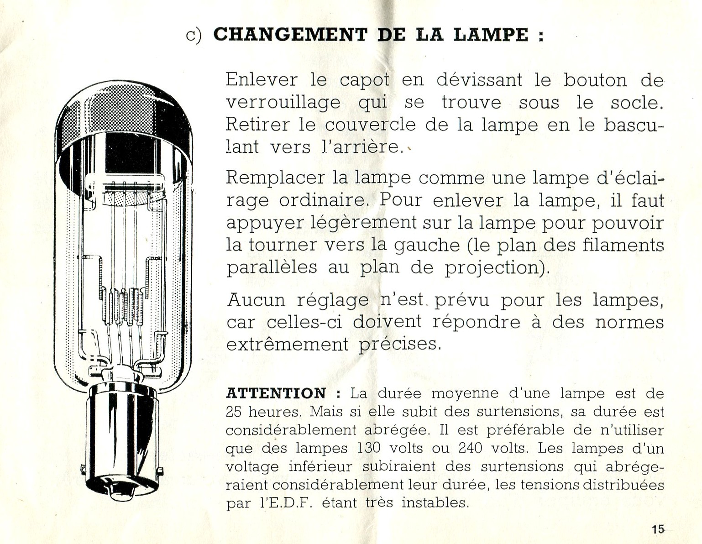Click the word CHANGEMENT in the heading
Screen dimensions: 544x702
pyautogui.click(x=290, y=35)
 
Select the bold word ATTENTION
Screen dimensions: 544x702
pyautogui.click(x=276, y=393)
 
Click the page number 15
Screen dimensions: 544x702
pyautogui.click(x=658, y=529)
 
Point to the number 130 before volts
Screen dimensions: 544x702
pyautogui.click(x=369, y=448)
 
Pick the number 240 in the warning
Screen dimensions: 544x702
pyautogui.click(x=470, y=448)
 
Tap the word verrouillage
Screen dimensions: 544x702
pyautogui.click(x=283, y=103)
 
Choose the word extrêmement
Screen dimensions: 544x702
pyautogui.click(x=287, y=344)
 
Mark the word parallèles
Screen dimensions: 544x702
pyautogui.click(x=272, y=267)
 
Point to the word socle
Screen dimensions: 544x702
pyautogui.click(x=636, y=103)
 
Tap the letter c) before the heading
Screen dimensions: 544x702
pyautogui.click(x=194, y=36)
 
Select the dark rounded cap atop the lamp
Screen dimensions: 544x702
pyautogui.click(x=122, y=114)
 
